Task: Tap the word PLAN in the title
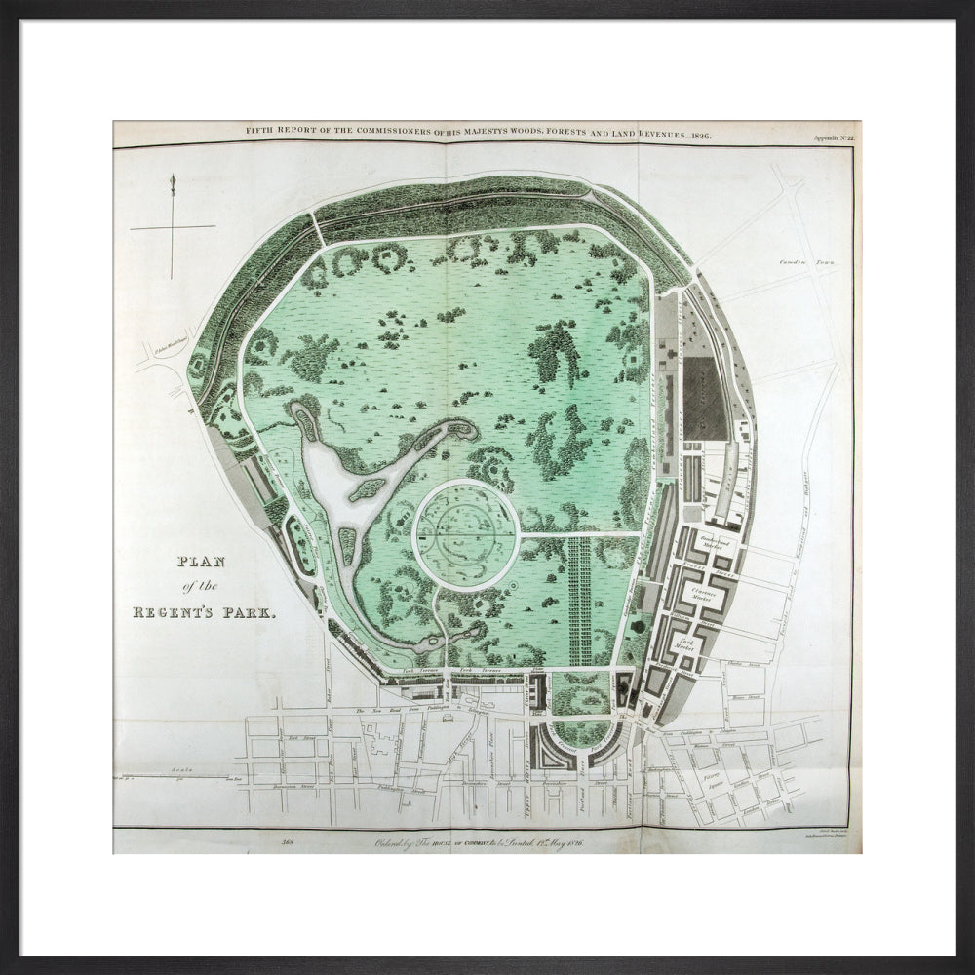pyautogui.click(x=199, y=563)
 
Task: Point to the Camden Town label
pyautogui.click(x=802, y=262)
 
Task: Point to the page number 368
pyautogui.click(x=288, y=841)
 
